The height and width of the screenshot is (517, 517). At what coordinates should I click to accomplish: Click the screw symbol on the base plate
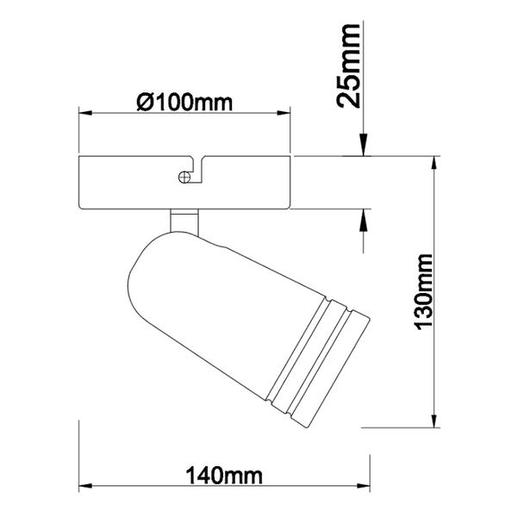pyautogui.click(x=184, y=177)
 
